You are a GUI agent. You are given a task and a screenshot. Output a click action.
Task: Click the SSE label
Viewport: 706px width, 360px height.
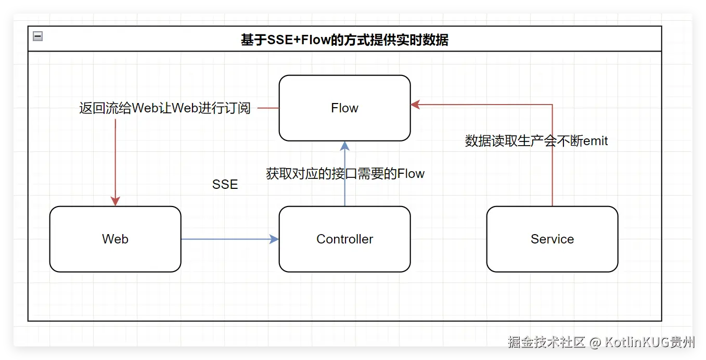225,185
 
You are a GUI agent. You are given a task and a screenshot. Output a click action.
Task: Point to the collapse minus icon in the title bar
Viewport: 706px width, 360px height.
37,36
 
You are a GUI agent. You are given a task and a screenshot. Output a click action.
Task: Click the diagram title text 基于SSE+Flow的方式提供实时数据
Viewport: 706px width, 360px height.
344,40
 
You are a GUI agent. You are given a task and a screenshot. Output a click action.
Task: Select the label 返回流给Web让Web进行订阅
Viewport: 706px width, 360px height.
164,108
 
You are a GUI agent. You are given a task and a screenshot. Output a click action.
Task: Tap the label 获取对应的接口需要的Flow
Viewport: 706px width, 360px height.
345,174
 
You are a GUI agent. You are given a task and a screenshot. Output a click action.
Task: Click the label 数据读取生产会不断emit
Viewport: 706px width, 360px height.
536,141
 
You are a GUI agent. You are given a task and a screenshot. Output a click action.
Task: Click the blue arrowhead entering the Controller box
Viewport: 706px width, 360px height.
274,239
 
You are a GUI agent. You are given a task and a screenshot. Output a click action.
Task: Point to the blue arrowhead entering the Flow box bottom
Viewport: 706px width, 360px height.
344,146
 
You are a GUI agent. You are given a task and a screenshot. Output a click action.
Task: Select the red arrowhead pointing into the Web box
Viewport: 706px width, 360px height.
115,201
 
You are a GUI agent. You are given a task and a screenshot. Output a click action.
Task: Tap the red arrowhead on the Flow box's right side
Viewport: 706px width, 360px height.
415,105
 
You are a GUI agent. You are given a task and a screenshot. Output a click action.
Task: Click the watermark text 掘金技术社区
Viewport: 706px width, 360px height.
546,342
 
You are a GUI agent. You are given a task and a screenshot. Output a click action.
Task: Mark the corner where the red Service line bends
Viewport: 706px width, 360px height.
552,105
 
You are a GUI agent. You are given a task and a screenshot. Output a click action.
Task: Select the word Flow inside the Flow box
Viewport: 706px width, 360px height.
344,108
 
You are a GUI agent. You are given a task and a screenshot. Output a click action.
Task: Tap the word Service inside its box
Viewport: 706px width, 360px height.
552,239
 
